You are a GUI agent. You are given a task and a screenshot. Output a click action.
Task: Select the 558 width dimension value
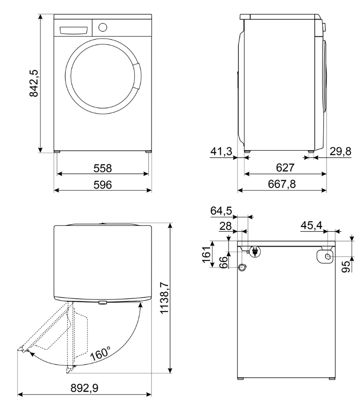point(103,168)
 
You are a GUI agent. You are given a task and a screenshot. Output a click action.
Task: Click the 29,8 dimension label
point(340,152)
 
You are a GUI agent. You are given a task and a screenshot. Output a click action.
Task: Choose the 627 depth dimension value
point(285,168)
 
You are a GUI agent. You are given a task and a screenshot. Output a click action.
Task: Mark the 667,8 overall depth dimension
point(285,184)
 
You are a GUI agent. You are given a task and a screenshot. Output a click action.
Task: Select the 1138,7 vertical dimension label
point(164,297)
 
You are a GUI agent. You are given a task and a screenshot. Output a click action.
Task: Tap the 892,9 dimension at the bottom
point(85,388)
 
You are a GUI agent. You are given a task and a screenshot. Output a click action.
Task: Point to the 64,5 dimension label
point(221,211)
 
